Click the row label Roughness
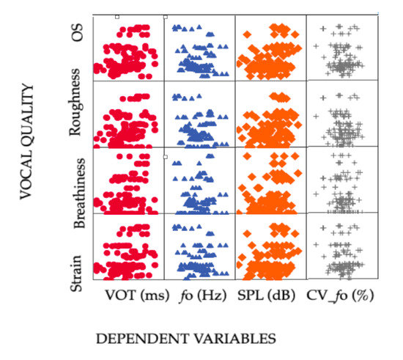tap(75, 112)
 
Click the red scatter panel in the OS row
tap(127, 48)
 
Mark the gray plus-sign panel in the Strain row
tap(341, 246)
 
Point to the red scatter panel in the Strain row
tap(127, 246)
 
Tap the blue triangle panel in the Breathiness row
tap(199, 180)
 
